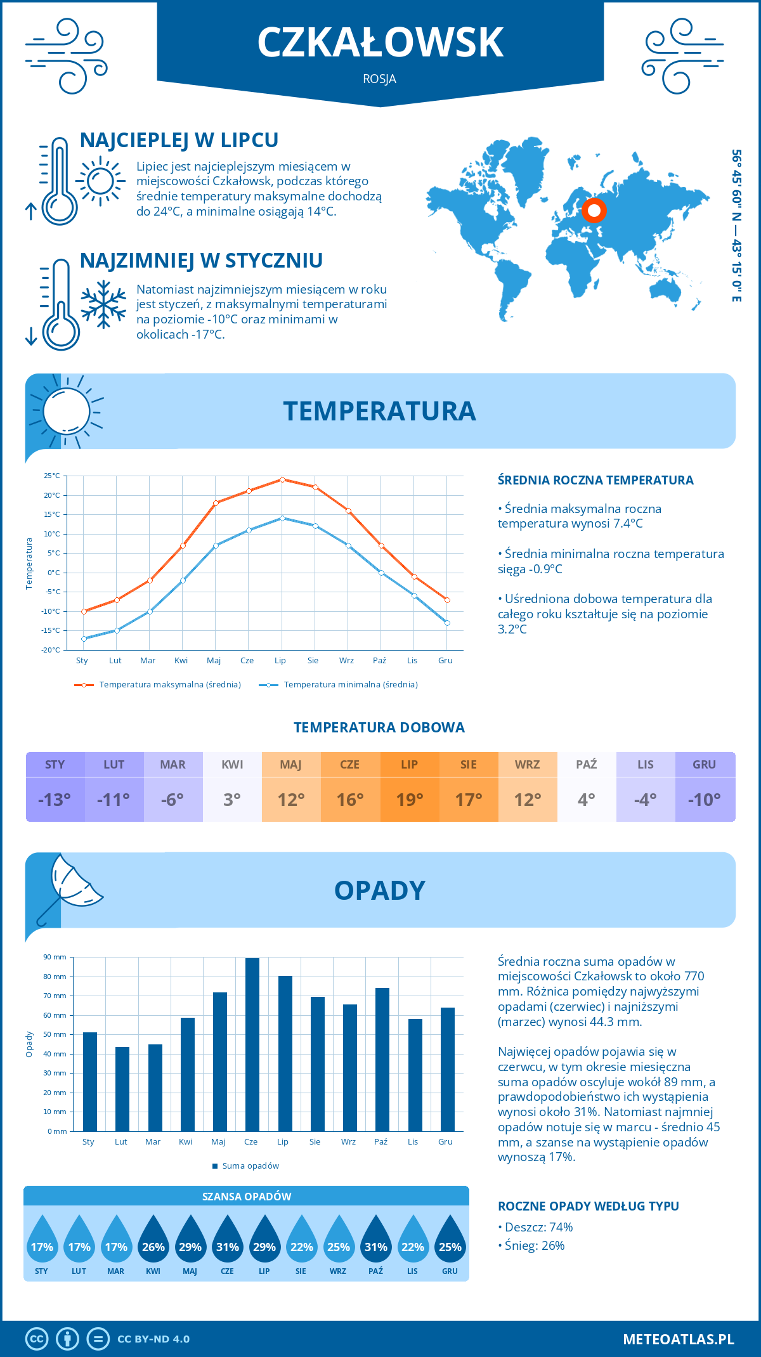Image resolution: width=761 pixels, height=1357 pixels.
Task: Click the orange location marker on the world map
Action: click(x=594, y=210)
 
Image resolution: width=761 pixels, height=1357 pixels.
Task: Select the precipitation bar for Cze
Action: click(x=252, y=1044)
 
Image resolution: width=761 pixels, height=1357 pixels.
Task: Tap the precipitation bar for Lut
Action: click(x=122, y=1089)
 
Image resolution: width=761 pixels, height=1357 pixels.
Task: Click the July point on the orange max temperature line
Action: click(x=282, y=479)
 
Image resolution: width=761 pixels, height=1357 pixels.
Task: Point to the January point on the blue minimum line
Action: click(x=84, y=639)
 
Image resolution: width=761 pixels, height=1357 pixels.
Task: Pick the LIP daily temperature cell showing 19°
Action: click(x=409, y=799)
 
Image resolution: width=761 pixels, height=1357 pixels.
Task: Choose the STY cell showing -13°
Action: click(x=55, y=799)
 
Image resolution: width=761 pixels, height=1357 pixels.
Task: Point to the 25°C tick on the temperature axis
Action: click(x=52, y=476)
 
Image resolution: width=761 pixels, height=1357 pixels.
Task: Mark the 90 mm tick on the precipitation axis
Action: click(x=55, y=957)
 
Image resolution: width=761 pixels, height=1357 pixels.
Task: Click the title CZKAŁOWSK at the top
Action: click(x=380, y=42)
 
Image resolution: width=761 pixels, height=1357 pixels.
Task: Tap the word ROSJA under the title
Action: click(x=380, y=79)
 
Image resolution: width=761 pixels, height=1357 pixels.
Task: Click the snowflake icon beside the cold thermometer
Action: click(x=103, y=304)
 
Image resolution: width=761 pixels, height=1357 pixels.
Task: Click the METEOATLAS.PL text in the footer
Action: click(x=678, y=1339)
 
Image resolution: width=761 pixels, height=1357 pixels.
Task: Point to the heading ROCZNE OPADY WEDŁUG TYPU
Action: click(x=588, y=1206)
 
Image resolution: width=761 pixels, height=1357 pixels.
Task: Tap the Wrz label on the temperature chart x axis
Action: click(x=346, y=661)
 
